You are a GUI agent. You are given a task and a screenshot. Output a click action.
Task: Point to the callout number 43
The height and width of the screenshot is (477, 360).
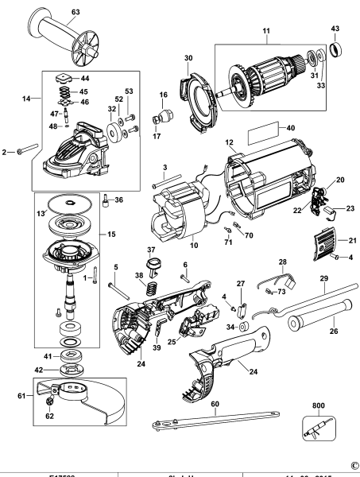(335, 29)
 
